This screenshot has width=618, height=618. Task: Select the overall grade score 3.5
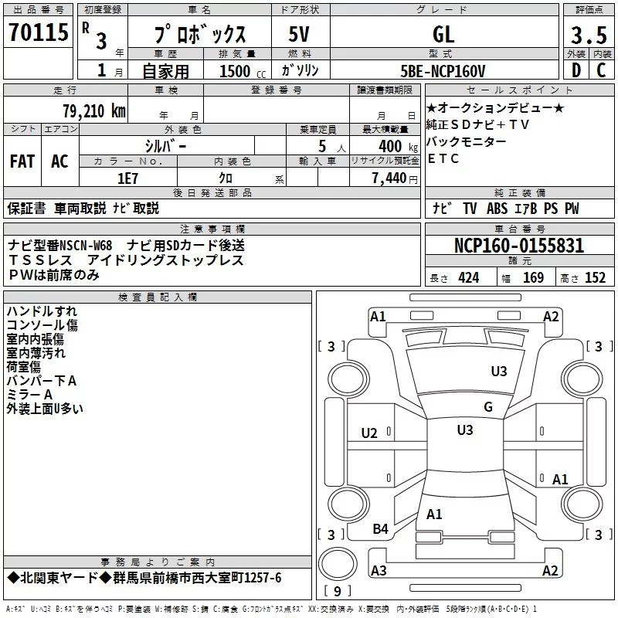[587, 36]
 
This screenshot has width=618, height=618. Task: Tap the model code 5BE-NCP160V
[443, 71]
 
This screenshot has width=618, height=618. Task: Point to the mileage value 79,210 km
[93, 110]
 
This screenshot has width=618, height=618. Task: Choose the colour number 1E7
[127, 177]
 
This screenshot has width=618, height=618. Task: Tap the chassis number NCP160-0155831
[518, 246]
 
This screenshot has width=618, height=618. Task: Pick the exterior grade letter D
[576, 71]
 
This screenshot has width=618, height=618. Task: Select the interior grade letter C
[601, 71]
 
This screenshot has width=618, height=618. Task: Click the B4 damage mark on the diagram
[381, 528]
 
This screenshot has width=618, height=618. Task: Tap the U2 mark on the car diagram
[369, 433]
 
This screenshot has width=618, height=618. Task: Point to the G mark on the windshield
[487, 407]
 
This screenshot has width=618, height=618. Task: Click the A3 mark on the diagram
[379, 571]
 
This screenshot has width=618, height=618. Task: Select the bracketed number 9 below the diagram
[337, 591]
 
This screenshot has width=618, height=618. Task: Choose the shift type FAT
[22, 161]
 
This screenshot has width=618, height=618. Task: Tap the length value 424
[468, 278]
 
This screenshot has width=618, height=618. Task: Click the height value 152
[595, 278]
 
